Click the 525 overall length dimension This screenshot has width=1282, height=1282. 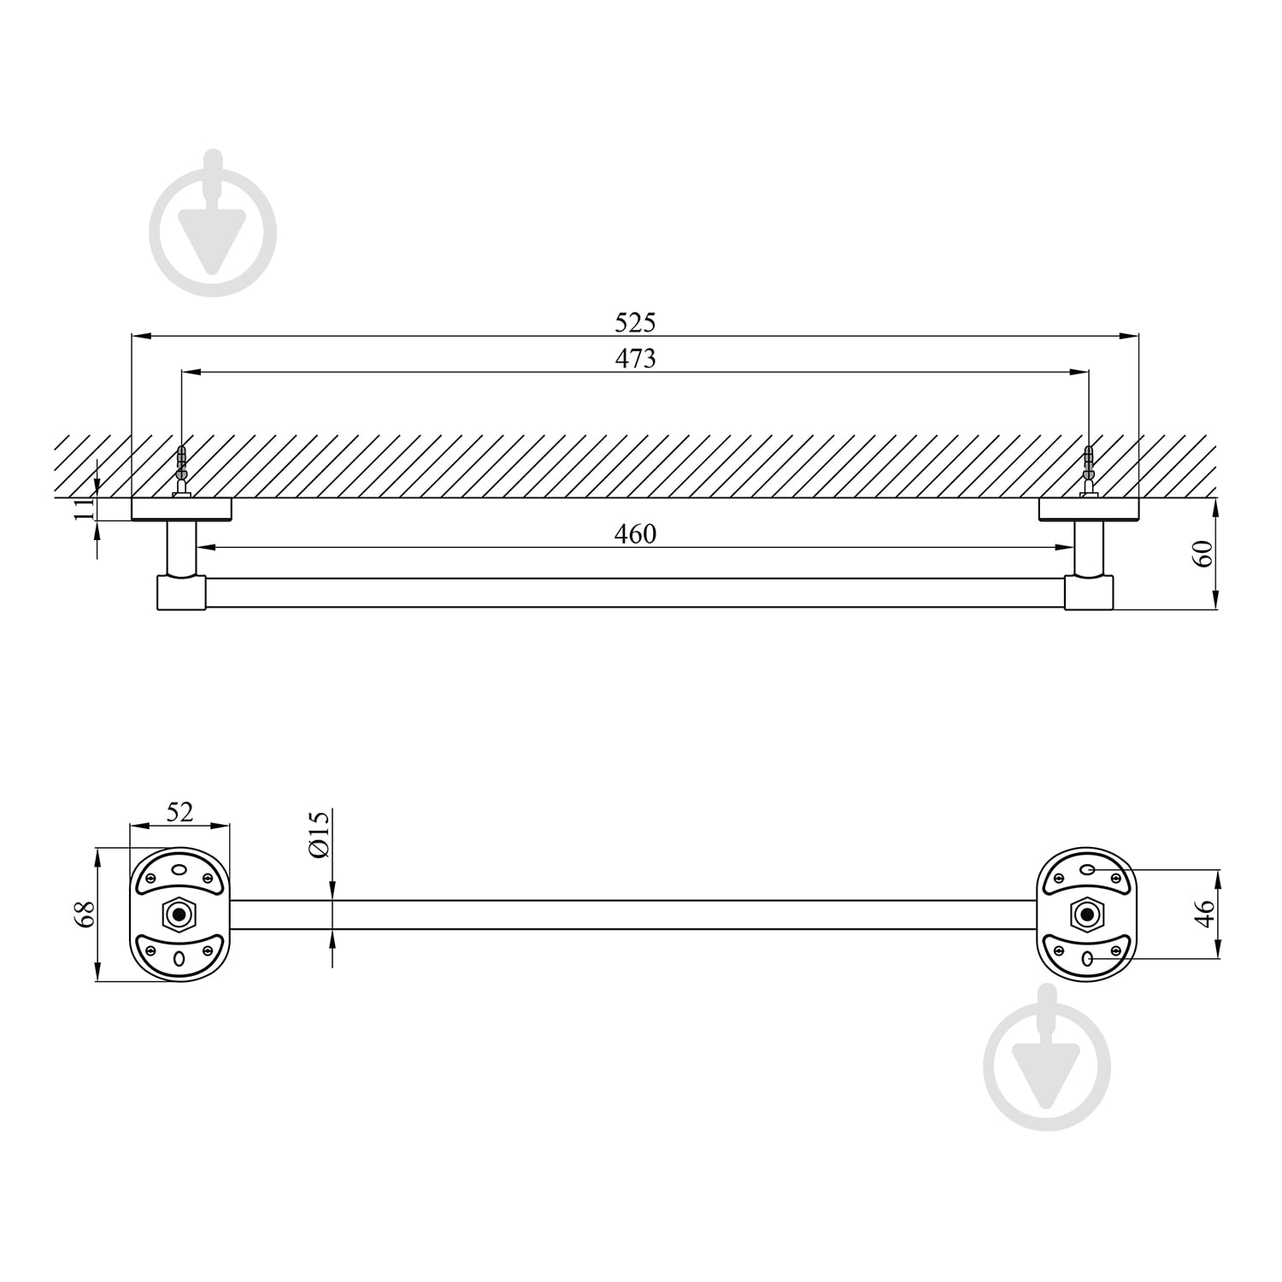[x=635, y=322]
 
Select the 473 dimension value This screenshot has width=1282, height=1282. [x=635, y=358]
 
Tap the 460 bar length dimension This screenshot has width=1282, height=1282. [x=635, y=534]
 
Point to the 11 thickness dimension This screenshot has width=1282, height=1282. [x=83, y=509]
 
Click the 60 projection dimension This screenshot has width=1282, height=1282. [x=1203, y=554]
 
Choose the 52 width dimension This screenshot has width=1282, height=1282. [x=179, y=811]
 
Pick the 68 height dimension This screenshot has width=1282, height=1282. [x=83, y=915]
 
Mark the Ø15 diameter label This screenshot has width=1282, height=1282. [x=318, y=834]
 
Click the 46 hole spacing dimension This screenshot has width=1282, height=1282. [x=1203, y=914]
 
